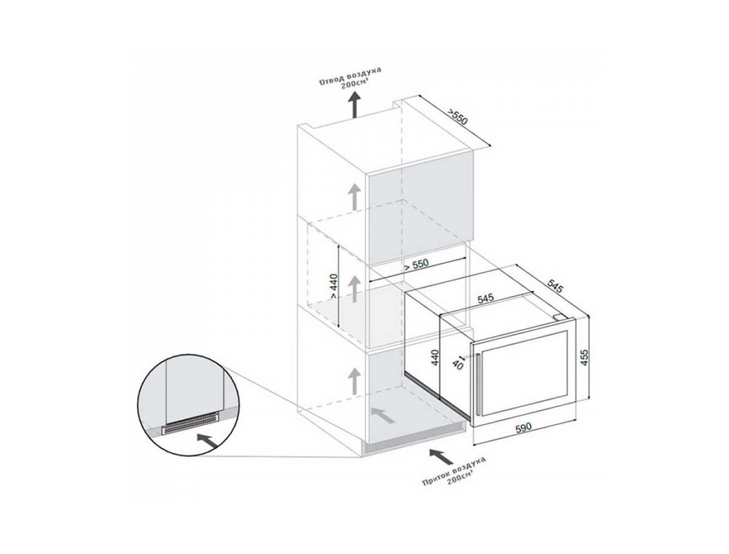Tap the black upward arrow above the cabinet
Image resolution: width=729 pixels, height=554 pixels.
coord(354,104)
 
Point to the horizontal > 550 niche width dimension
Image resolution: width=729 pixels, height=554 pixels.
coord(416,265)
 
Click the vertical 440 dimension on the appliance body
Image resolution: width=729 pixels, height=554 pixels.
coord(435,359)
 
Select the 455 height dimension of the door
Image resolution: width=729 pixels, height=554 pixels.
coord(584,357)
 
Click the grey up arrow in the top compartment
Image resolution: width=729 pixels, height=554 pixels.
coord(354,196)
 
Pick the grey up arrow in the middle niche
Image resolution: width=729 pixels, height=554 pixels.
coord(354,288)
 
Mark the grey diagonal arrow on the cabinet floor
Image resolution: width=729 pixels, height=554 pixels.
coord(383,415)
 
